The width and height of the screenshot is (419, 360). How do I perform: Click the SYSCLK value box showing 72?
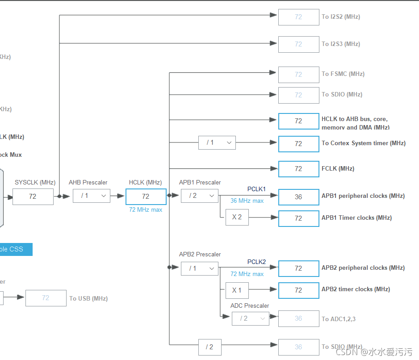click(33, 197)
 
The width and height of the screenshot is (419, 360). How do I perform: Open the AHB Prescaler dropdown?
click(92, 196)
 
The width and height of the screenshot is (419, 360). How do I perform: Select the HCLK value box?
click(146, 197)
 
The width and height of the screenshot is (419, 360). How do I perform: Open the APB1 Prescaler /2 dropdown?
click(200, 196)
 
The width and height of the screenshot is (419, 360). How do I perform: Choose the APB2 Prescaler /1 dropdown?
click(200, 268)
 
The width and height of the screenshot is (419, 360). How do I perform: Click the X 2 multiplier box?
click(237, 218)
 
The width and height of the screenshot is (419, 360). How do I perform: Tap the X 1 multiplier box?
click(237, 290)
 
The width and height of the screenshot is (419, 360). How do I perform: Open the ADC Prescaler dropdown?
click(250, 318)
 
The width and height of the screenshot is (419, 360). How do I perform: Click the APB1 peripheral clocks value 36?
click(298, 197)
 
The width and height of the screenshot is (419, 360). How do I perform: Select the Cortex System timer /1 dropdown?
click(217, 143)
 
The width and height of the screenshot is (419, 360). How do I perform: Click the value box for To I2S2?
click(298, 17)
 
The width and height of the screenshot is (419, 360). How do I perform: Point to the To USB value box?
click(46, 298)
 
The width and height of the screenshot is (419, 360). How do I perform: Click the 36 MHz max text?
click(247, 201)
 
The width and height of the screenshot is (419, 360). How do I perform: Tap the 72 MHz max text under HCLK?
click(146, 209)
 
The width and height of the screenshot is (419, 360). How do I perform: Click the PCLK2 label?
click(256, 262)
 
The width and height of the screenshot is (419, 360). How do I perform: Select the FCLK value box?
click(298, 169)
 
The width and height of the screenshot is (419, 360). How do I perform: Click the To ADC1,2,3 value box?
click(298, 318)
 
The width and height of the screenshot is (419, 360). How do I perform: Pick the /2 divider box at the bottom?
click(209, 347)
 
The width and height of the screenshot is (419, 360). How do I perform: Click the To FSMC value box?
click(298, 75)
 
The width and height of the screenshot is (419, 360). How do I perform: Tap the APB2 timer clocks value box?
click(298, 290)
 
